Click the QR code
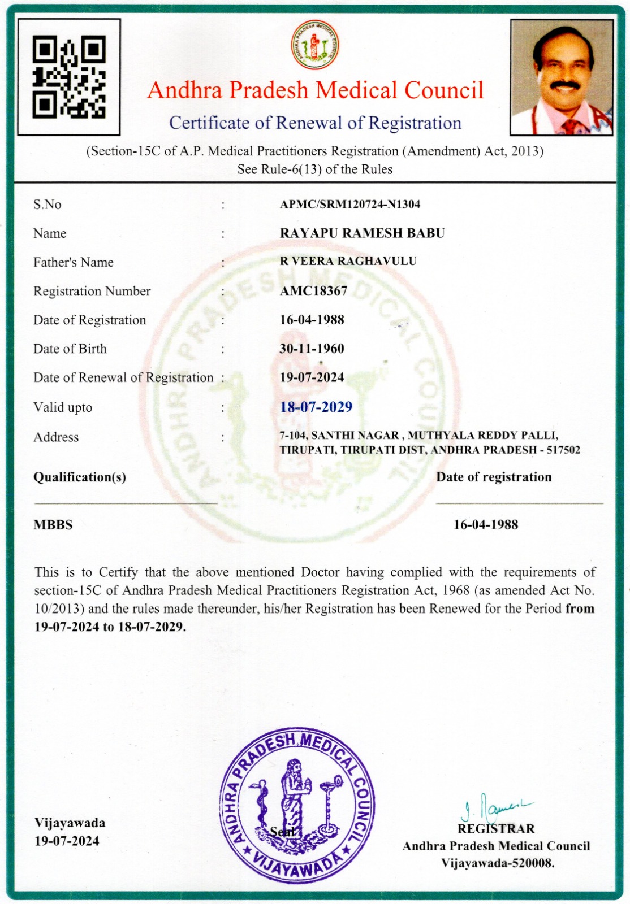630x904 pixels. point(69,77)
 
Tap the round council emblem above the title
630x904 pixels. point(315,46)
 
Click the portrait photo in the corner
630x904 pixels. point(562,77)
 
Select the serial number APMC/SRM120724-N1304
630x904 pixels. point(350,205)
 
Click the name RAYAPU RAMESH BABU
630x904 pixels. point(362,233)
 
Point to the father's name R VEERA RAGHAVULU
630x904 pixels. point(348,261)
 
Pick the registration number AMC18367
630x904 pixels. point(313,291)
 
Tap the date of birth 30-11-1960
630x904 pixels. point(312,349)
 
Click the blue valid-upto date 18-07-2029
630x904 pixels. point(316,407)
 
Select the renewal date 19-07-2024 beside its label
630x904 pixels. point(312,377)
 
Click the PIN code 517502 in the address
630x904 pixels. point(563,450)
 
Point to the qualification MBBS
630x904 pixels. point(53,525)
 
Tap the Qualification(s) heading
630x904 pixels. point(80,477)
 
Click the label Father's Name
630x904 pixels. point(74,262)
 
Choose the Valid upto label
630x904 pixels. point(63,407)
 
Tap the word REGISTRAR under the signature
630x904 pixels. point(496,829)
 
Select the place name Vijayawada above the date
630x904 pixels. point(70,823)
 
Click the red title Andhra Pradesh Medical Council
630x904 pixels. point(316,90)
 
